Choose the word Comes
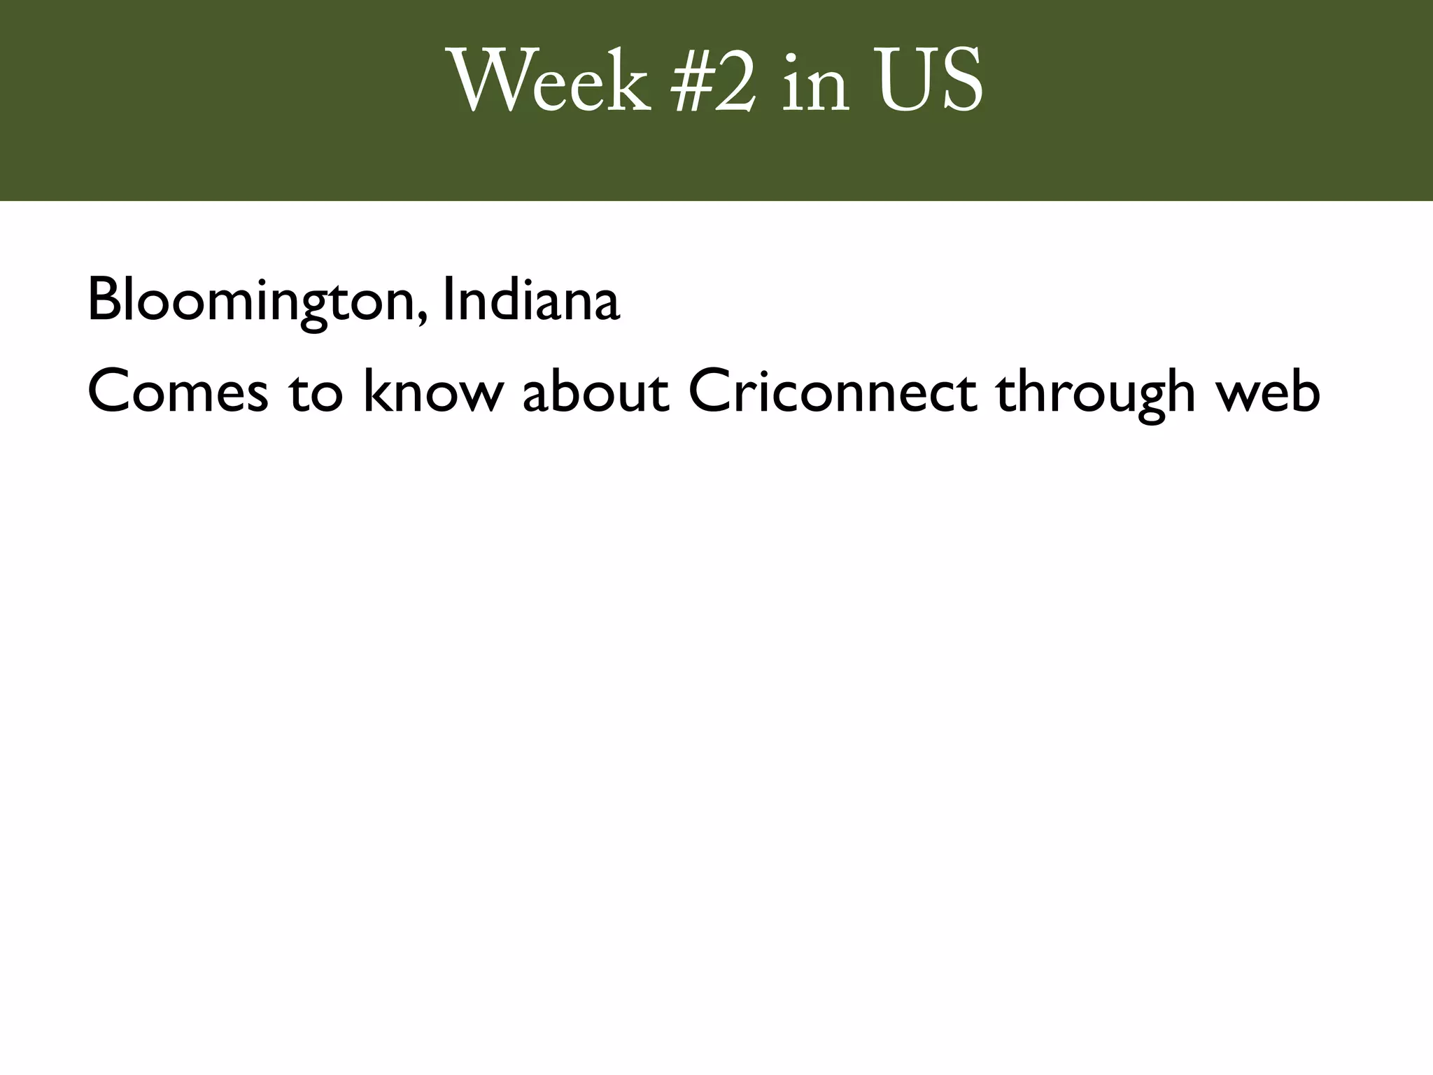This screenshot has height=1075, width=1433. tap(178, 391)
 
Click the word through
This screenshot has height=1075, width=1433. tap(1095, 392)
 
